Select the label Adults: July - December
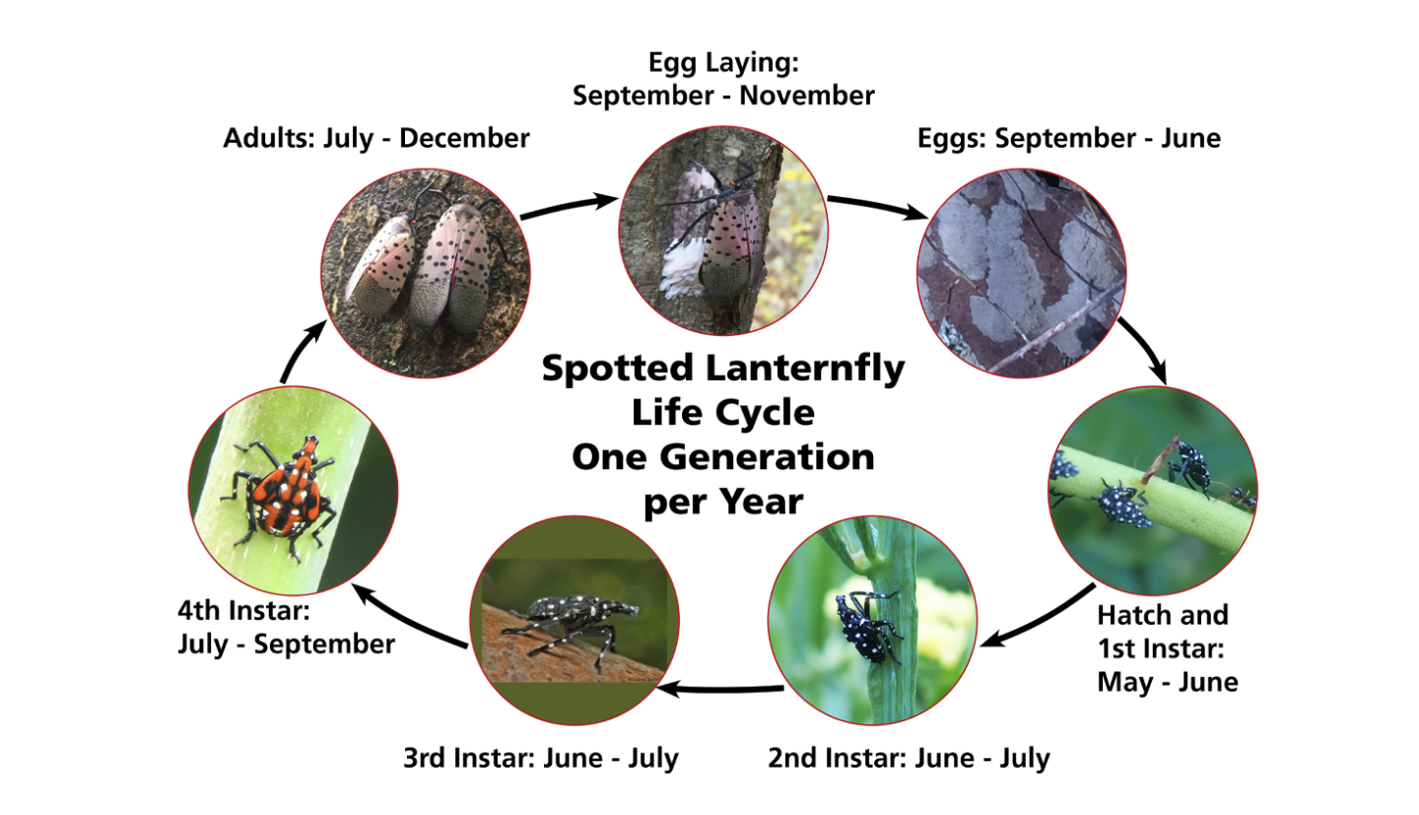coord(375,139)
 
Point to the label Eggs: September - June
coord(1068,139)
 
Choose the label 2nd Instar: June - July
coord(909,759)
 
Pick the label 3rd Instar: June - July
coord(540,759)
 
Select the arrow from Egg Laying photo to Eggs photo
coord(877,207)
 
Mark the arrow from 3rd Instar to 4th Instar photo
coord(408,618)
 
